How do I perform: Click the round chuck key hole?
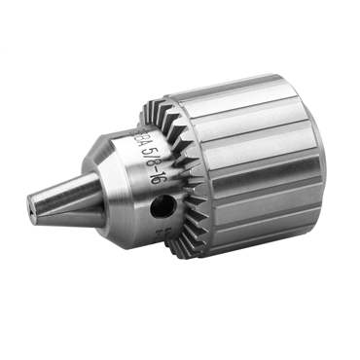click(162, 206)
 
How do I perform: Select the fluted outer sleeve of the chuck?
click(263, 175)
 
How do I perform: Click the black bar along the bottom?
click(180, 336)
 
